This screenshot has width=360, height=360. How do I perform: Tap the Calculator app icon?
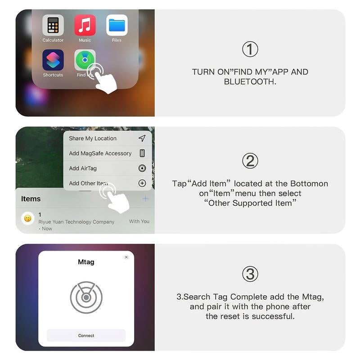point(53,26)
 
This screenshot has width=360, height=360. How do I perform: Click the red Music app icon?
point(85,26)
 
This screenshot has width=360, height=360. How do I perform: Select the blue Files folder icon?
point(117,26)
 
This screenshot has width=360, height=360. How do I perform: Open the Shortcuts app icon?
point(53,60)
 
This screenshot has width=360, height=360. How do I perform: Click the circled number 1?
point(250,49)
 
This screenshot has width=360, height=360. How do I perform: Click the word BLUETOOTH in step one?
point(250,81)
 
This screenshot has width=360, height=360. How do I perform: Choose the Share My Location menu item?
point(93,139)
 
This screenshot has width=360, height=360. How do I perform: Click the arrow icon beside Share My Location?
point(142,138)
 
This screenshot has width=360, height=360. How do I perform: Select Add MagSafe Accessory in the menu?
point(100,153)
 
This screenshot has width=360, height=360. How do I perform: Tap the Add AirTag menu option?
point(83,168)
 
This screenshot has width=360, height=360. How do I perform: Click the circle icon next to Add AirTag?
point(142,168)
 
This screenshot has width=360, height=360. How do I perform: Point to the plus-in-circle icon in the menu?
point(142,183)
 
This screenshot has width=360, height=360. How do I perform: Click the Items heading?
point(31,199)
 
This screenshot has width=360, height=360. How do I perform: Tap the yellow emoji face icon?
point(28,219)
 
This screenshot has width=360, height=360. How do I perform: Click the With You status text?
point(139,221)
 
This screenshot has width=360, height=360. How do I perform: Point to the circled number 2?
point(250,161)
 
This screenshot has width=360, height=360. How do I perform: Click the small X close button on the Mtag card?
point(126,257)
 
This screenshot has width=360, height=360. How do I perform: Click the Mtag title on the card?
point(86,262)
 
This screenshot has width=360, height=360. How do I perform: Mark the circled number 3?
point(250,274)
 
